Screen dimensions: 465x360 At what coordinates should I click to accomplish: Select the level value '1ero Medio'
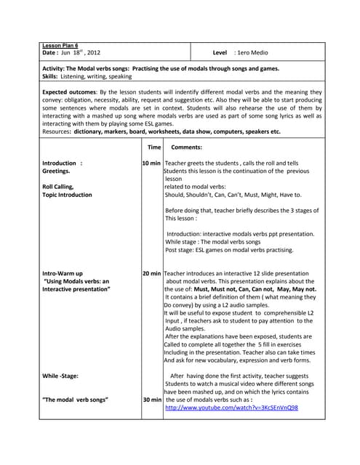click(x=251, y=53)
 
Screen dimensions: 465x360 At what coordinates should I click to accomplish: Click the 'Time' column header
click(x=153, y=147)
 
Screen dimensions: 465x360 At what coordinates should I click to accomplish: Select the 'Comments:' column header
click(x=186, y=147)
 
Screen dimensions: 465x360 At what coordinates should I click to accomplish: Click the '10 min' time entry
click(x=152, y=163)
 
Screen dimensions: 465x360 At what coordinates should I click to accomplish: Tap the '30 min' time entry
click(x=152, y=400)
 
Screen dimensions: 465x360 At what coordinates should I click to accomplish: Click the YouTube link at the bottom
click(x=231, y=408)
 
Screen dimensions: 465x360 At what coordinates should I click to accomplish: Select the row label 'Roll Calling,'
click(x=58, y=187)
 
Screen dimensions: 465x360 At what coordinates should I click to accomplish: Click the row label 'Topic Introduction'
click(x=67, y=195)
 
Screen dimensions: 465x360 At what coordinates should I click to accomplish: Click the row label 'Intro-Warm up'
click(x=63, y=273)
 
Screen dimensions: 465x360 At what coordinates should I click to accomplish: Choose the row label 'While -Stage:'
click(x=60, y=376)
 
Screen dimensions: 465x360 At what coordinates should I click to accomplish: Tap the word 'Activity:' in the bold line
click(x=55, y=68)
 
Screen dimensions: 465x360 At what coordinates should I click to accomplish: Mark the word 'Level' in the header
click(x=220, y=53)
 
